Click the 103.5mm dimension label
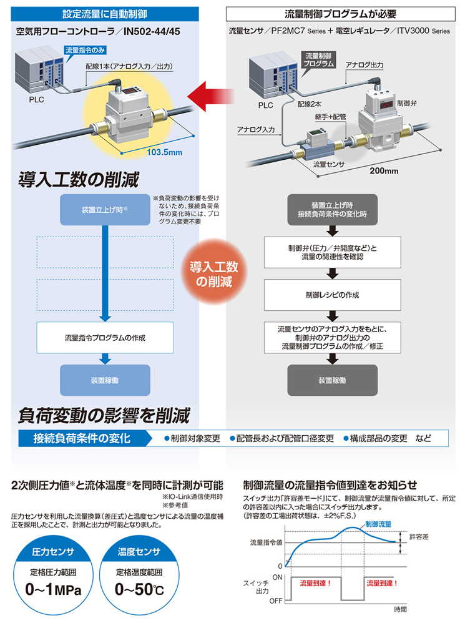164,152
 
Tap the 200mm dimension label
384,171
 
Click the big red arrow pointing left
211,97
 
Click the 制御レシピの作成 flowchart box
333,295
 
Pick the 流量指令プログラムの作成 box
105,338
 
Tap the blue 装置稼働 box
105,380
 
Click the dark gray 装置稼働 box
333,380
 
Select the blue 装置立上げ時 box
105,210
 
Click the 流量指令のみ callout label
85,51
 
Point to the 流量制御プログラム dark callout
319,60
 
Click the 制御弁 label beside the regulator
406,103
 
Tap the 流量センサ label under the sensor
329,164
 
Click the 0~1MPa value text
53,589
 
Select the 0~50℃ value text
139,589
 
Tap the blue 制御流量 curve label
378,524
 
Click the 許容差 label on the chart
419,537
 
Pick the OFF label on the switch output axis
276,601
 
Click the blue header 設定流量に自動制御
105,14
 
